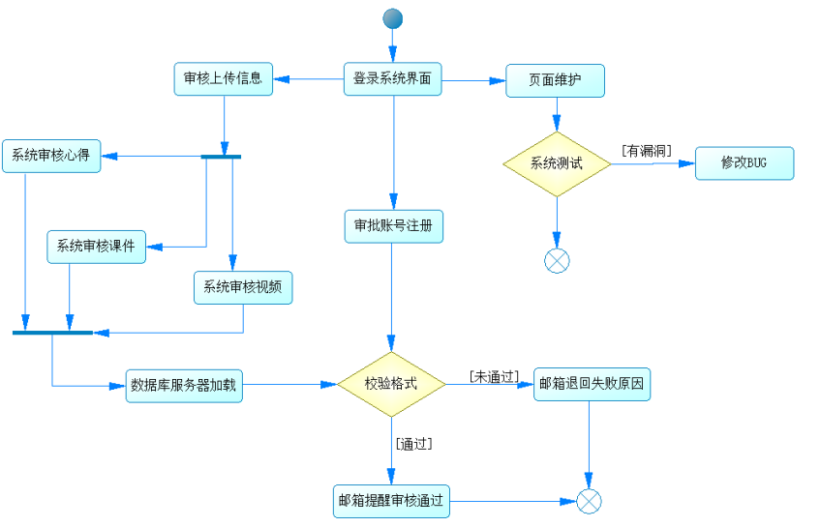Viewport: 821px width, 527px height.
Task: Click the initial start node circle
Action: click(392, 18)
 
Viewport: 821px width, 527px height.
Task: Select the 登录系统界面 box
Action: click(392, 79)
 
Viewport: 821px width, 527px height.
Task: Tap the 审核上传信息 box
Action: click(224, 79)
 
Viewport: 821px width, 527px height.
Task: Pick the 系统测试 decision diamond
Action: click(557, 163)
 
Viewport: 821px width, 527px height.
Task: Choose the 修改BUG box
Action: click(744, 163)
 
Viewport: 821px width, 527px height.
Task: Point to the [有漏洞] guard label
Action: click(646, 150)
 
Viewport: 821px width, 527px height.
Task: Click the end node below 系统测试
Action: click(557, 260)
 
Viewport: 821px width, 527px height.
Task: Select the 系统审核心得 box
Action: click(51, 157)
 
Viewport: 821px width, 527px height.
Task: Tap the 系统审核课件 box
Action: click(96, 247)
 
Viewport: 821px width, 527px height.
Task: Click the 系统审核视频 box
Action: click(243, 288)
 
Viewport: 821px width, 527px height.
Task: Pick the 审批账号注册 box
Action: click(393, 226)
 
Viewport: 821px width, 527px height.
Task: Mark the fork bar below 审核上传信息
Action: click(221, 157)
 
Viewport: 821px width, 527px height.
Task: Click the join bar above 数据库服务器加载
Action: click(52, 333)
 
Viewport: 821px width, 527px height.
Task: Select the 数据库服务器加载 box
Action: click(184, 386)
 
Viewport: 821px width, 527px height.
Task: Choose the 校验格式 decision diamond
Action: click(391, 384)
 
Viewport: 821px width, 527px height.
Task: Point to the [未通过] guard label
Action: click(494, 375)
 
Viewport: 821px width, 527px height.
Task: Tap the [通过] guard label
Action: click(413, 444)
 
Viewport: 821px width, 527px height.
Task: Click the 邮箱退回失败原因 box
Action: click(592, 384)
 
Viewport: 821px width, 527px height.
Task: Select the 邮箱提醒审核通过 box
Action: click(391, 501)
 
